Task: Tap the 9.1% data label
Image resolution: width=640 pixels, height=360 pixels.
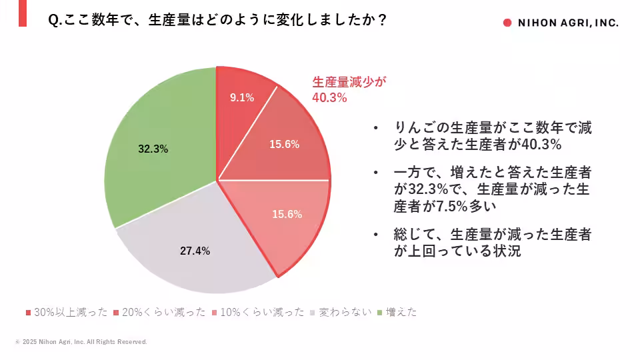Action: (242, 97)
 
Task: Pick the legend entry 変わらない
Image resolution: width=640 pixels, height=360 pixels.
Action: (344, 312)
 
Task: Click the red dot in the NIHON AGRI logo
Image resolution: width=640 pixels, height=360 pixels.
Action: (507, 22)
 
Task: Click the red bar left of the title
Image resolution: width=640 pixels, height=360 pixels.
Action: (22, 13)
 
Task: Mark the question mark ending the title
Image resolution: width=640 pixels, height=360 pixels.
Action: (382, 20)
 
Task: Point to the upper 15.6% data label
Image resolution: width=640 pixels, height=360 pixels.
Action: (284, 144)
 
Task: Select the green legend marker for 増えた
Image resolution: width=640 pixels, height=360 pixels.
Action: (380, 312)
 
